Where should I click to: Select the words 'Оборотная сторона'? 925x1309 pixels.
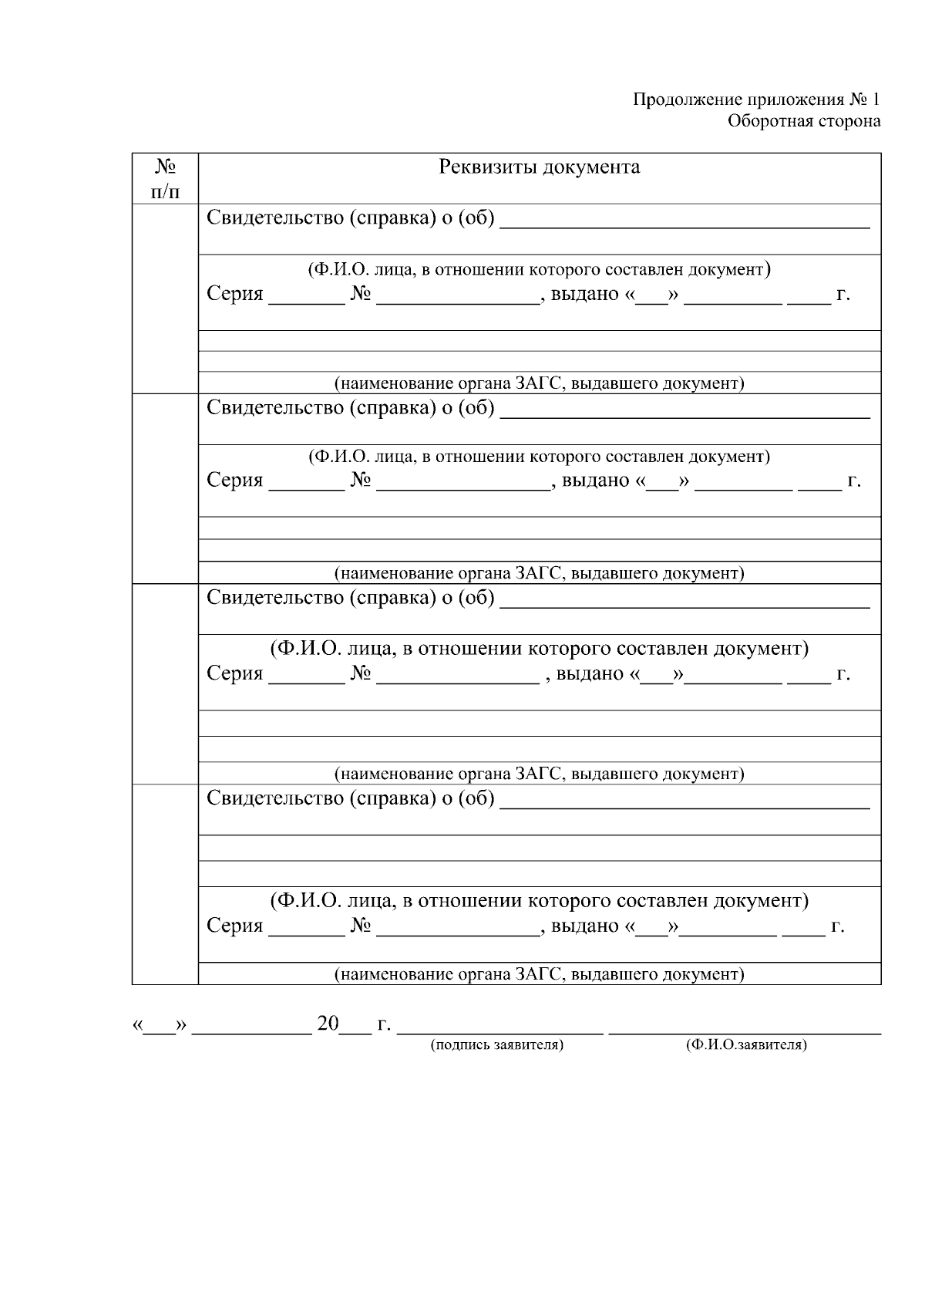point(804,121)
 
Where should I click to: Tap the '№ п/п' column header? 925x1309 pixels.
point(165,179)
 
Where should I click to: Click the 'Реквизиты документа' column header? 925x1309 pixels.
point(539,167)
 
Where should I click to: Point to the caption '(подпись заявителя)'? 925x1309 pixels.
point(497,1045)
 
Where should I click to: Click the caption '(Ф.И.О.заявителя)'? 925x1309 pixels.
point(745,1045)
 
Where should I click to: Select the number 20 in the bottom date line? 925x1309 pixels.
point(328,1024)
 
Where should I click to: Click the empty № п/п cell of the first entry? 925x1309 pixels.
point(165,299)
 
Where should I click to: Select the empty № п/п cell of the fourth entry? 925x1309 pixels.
point(165,884)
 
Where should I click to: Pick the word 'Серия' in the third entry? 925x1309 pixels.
point(234,674)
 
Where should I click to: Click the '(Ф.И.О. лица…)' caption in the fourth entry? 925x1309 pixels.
point(539,900)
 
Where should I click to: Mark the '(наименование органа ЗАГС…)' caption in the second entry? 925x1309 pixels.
point(539,573)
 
